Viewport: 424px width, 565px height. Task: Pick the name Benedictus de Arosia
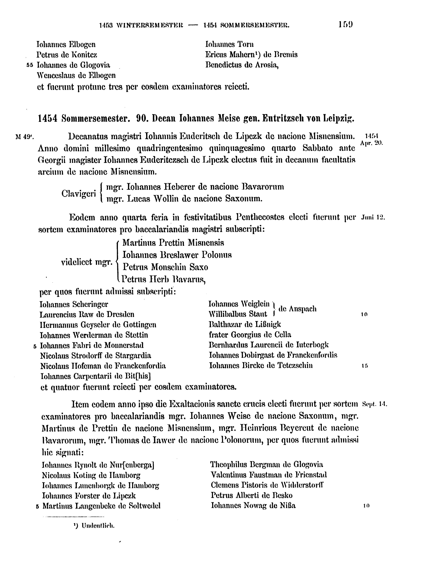pyautogui.click(x=242, y=65)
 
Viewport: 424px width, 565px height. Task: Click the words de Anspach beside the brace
pyautogui.click(x=297, y=309)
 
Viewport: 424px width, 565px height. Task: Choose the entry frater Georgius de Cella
pyautogui.click(x=250, y=335)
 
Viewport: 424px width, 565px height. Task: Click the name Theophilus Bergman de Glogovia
pyautogui.click(x=267, y=464)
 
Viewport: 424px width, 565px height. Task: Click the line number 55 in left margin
pyautogui.click(x=30, y=65)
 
